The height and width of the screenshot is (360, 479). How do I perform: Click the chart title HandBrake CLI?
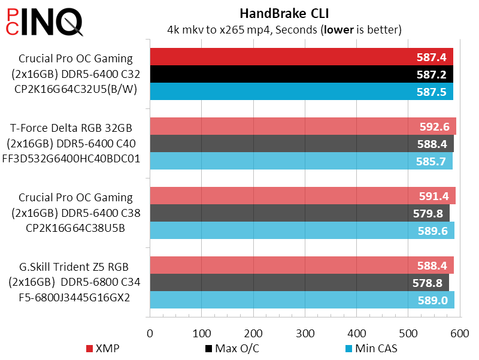[284, 13]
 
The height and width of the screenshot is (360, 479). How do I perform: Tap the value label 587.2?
[431, 75]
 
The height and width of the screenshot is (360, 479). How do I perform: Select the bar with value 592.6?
[302, 126]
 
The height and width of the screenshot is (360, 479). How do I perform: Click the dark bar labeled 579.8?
[299, 213]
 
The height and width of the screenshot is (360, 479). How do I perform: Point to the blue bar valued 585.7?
[301, 161]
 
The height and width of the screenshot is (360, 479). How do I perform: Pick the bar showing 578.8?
[299, 283]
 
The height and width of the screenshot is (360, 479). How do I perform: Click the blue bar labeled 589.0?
[302, 300]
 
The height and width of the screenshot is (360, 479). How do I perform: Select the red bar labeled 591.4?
[302, 196]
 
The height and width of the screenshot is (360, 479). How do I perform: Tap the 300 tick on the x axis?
[305, 333]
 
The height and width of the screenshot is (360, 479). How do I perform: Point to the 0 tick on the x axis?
[150, 333]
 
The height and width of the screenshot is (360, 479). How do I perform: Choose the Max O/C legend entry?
[229, 349]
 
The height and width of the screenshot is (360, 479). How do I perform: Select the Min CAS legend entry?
[371, 349]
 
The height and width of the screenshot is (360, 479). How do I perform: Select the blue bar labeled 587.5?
[301, 92]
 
